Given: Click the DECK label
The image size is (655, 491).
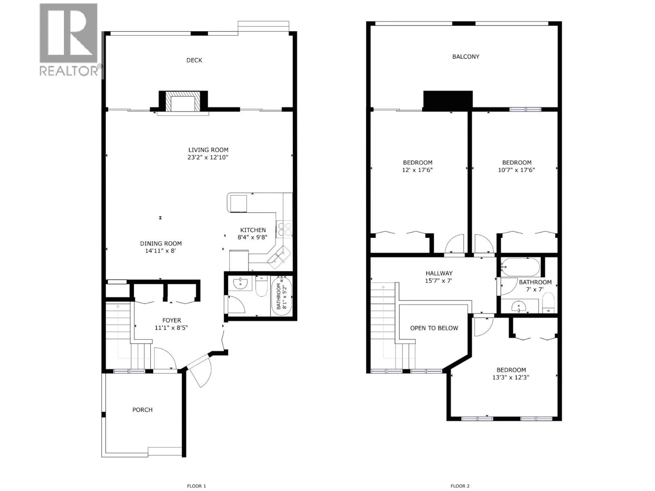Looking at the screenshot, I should [x=194, y=60].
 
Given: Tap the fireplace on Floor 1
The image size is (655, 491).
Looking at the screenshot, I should [x=183, y=101].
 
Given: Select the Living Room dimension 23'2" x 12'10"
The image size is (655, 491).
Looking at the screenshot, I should [x=208, y=158].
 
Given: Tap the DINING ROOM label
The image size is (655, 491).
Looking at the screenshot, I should [x=161, y=244].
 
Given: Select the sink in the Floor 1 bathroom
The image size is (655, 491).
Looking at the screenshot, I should [x=241, y=284].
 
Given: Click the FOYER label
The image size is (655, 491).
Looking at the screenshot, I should [x=172, y=320].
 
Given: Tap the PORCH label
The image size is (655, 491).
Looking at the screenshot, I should [x=142, y=410].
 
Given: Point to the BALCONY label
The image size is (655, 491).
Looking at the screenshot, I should [x=465, y=57].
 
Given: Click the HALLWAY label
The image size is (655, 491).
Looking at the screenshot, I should [x=439, y=273].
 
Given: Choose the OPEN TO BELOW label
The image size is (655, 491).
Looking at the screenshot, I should [x=434, y=328].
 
